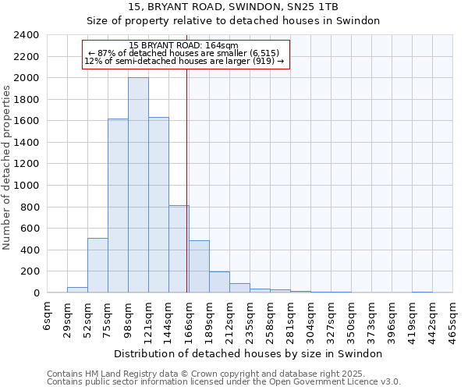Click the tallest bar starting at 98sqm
[x=138, y=186]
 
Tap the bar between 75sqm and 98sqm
[x=118, y=206]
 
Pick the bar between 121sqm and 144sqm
[x=158, y=205]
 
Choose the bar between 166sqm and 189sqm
[x=199, y=267]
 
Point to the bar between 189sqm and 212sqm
[x=219, y=282]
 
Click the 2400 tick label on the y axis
[x=27, y=35]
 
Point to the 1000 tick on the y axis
[x=27, y=186]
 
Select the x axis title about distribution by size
[x=248, y=353]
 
